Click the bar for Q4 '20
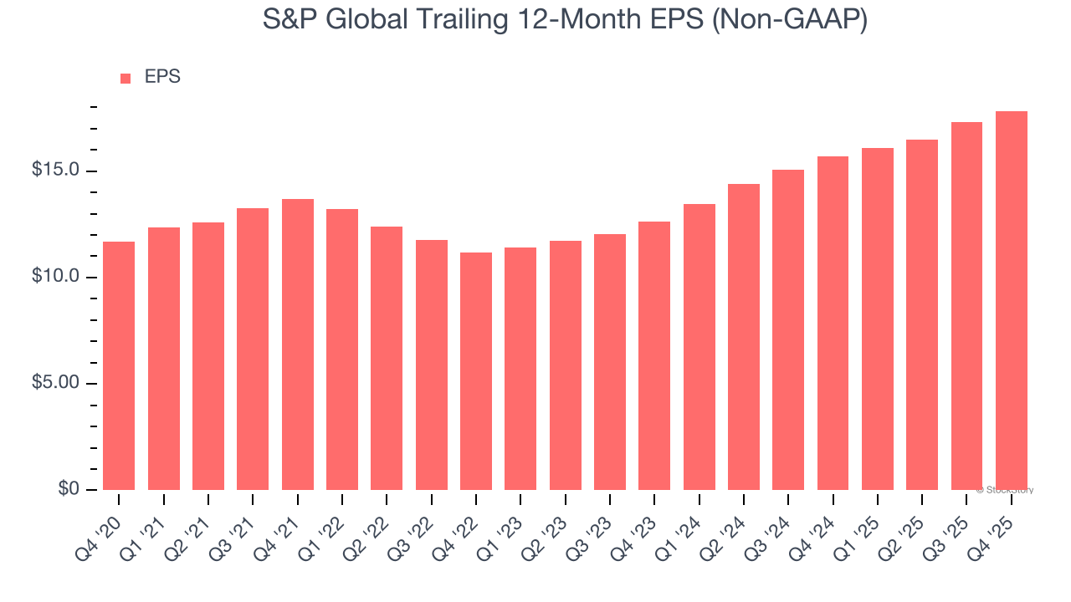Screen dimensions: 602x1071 coord(119,365)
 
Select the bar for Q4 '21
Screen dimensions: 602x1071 coord(298,344)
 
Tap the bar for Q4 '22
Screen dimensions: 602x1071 coord(476,370)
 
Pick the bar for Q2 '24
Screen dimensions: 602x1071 coord(744,336)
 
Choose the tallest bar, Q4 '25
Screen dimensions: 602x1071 coord(1012,300)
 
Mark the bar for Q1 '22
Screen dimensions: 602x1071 coord(342,349)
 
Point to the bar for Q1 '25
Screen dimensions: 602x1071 coord(878,319)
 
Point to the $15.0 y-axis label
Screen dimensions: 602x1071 coord(55,171)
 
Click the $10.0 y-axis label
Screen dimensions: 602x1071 coord(55,277)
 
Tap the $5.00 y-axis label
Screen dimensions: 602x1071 coord(55,383)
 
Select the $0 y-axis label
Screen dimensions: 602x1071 coord(69,489)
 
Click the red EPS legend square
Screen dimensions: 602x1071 coord(126,79)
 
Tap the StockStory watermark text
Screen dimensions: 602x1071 coord(1005,490)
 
